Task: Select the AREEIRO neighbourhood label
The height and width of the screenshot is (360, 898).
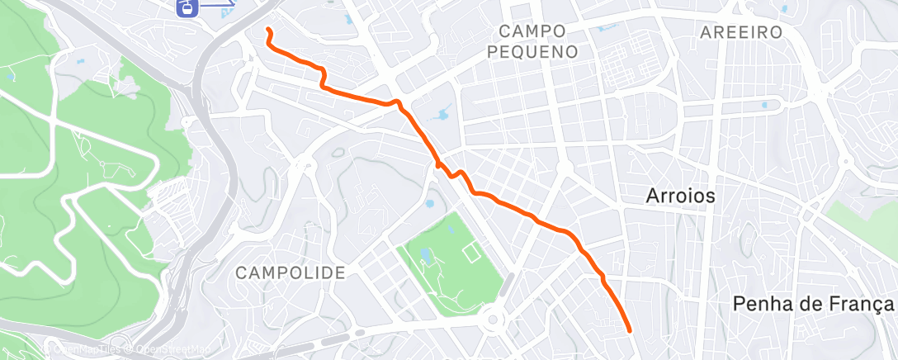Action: tap(740, 32)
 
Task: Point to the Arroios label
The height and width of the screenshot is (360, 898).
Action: tap(678, 197)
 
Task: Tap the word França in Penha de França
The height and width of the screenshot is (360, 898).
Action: tap(855, 304)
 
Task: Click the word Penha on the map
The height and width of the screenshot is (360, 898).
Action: tap(758, 304)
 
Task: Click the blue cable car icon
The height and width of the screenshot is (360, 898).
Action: tap(187, 7)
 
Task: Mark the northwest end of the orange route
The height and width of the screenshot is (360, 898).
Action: tap(268, 29)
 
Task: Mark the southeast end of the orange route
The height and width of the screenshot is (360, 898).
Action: tap(630, 330)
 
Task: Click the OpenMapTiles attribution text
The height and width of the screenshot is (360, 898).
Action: tap(87, 349)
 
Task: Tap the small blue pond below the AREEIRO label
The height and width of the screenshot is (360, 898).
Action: tap(765, 106)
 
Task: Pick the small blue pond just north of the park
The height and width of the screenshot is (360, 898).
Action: tap(428, 204)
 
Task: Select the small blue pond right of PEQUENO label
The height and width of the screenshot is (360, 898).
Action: tap(607, 27)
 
